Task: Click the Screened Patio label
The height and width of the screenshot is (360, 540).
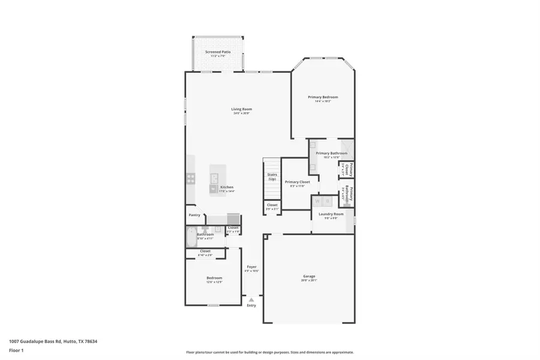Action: tap(218, 52)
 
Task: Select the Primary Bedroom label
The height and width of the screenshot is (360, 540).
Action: tap(323, 97)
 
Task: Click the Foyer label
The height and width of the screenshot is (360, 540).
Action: tap(251, 267)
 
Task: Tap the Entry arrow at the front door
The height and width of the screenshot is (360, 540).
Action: tap(251, 299)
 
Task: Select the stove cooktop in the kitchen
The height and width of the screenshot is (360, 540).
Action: tap(191, 178)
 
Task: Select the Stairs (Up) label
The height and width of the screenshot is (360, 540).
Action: tap(272, 177)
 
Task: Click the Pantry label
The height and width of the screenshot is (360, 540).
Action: tap(194, 215)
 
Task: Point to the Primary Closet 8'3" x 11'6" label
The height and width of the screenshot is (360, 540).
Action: tap(297, 182)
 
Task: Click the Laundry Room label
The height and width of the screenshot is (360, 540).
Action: tap(331, 214)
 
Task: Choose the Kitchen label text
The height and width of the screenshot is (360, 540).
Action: tap(227, 187)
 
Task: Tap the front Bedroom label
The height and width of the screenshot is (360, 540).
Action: tap(214, 278)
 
